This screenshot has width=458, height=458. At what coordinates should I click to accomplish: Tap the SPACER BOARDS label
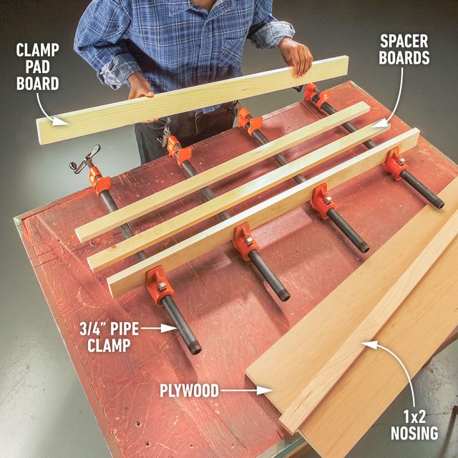click(405, 49)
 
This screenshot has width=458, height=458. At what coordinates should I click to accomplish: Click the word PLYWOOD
click(187, 391)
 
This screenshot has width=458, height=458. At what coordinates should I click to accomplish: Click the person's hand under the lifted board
click(140, 93)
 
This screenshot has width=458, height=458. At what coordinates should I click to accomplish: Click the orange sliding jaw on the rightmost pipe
click(395, 163)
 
